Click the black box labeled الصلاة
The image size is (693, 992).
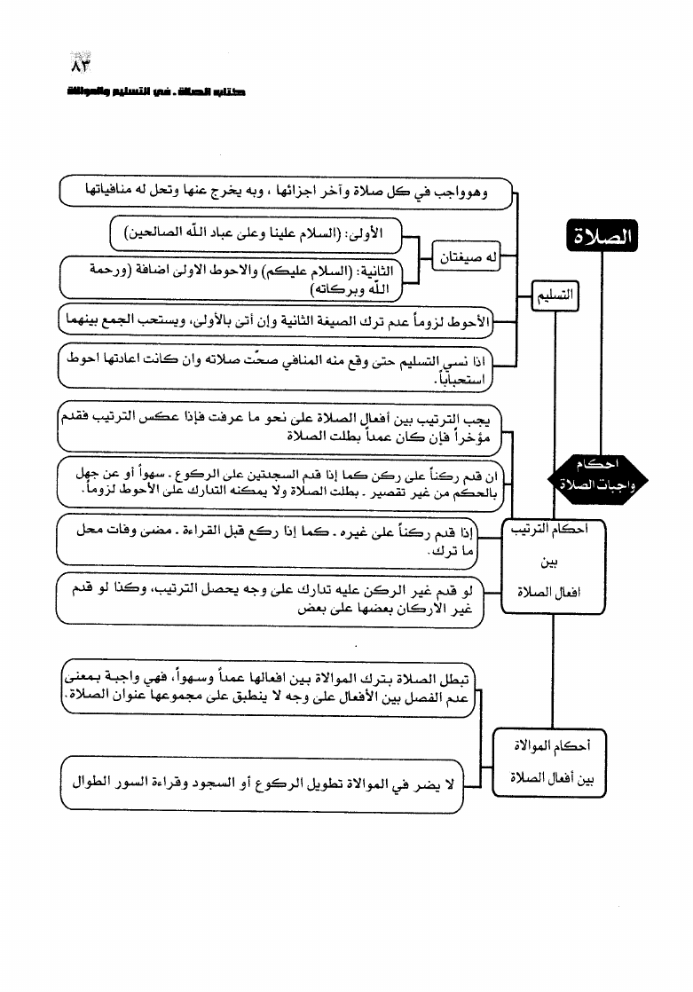pos(602,238)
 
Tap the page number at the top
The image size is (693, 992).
pos(81,67)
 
